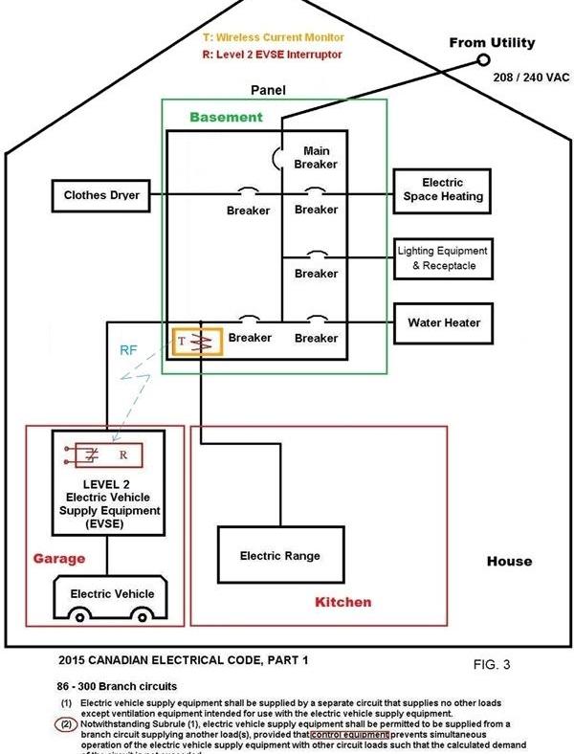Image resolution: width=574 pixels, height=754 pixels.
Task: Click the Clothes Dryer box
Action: tap(102, 196)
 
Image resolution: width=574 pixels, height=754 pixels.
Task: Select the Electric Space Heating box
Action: tap(442, 189)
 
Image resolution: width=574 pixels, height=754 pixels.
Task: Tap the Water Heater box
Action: tap(442, 322)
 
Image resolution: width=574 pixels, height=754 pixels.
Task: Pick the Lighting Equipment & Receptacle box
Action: tap(442, 257)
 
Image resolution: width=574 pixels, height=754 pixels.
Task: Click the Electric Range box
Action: tap(279, 556)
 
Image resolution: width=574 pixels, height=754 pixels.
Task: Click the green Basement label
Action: tap(226, 118)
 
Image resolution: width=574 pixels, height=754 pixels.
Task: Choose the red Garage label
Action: tap(60, 558)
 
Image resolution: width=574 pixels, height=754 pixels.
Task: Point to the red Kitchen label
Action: tap(342, 603)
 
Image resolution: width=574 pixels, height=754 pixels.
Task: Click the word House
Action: tap(508, 561)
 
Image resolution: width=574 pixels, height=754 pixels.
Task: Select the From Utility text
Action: tap(493, 43)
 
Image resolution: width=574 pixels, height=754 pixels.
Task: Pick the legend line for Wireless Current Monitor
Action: tap(274, 35)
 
